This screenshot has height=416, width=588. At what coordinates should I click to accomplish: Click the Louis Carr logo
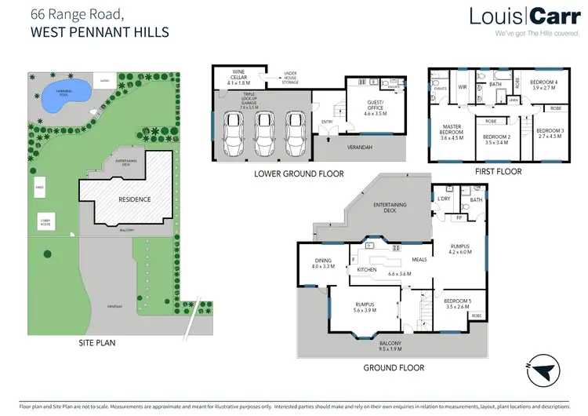click(x=519, y=16)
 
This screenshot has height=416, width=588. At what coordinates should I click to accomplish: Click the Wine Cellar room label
click(x=238, y=78)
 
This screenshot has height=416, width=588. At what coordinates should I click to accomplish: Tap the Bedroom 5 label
click(x=457, y=304)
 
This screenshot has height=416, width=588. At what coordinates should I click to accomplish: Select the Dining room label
click(x=323, y=263)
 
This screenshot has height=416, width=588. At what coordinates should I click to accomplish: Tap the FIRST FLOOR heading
click(x=498, y=170)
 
